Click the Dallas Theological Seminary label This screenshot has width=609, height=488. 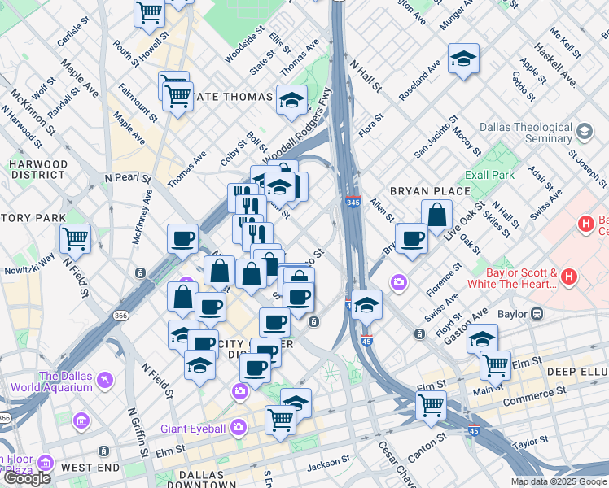pos(526,133)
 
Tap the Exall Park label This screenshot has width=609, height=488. pos(489,175)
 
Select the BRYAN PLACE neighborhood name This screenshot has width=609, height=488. pos(429,191)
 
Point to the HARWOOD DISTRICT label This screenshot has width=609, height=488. pos(38,169)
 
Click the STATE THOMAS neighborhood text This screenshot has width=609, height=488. pos(233,98)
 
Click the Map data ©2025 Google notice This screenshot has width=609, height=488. pos(559,481)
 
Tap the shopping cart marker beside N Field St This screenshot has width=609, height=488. pos(75,238)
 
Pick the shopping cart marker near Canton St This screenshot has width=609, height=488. pos(431,404)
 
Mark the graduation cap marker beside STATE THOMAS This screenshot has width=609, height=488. pos(291,100)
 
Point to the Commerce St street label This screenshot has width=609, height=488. pos(533,401)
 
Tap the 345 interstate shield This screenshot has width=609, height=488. pos(353,201)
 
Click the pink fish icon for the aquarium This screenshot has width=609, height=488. pos(105,380)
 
